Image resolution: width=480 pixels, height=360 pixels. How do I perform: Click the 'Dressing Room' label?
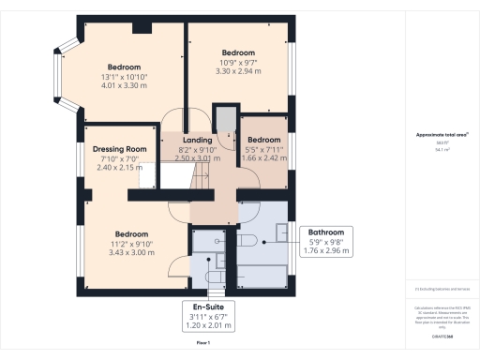coord(120,148)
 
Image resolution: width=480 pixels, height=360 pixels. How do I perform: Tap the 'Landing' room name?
coord(197,140)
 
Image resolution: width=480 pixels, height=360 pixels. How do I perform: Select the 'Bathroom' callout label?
coord(327,232)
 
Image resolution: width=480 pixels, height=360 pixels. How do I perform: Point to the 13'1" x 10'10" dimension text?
coord(124,77)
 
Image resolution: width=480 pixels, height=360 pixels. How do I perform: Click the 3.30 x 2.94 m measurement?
coord(238,70)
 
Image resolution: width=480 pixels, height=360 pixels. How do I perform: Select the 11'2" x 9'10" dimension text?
coord(130,244)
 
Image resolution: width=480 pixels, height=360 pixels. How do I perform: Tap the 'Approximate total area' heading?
coord(442,135)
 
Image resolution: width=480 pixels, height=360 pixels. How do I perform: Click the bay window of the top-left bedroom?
coord(59,75)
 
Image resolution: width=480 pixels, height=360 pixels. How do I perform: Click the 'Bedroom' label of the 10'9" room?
coord(238,52)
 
